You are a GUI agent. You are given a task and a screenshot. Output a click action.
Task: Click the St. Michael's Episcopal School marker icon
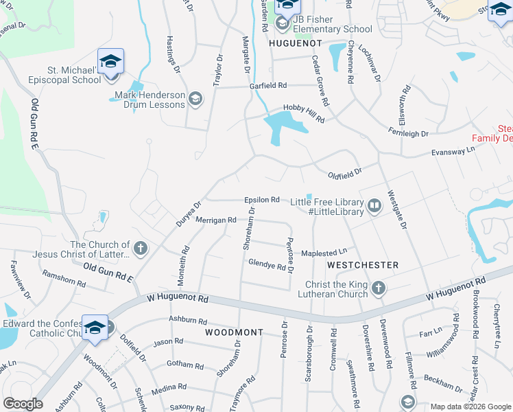(x=110, y=62)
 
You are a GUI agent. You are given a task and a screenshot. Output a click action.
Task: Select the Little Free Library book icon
(x=374, y=205)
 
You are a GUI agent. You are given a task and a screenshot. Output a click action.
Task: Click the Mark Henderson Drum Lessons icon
(x=195, y=99)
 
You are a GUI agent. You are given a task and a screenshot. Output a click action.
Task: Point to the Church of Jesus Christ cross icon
(x=140, y=249)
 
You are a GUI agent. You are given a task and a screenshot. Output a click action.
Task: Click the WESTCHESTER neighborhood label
(x=363, y=264)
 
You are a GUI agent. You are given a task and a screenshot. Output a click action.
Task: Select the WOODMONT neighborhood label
(x=234, y=332)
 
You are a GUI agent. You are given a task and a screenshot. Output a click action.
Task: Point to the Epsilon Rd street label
(x=261, y=200)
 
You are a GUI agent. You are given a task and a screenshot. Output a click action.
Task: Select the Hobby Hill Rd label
(x=304, y=113)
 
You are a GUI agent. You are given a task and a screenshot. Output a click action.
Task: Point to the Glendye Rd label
(x=266, y=263)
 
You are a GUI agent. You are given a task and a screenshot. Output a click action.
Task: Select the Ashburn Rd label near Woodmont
(x=188, y=321)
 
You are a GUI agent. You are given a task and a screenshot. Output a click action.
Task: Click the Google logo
(x=23, y=404)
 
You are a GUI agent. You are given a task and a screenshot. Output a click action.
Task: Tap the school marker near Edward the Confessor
(x=95, y=328)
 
